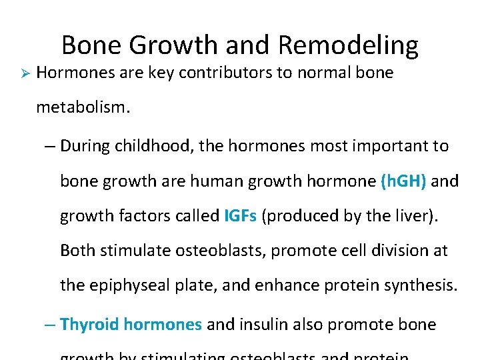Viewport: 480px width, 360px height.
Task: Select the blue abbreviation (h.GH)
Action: pyautogui.click(x=403, y=181)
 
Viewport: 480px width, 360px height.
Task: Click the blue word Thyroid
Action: pyautogui.click(x=89, y=325)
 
